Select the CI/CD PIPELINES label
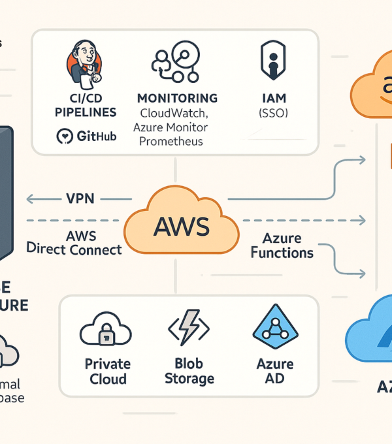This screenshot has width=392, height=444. [x=86, y=105]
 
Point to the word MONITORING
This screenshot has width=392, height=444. [x=177, y=99]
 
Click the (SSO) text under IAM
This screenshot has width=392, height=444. [x=272, y=113]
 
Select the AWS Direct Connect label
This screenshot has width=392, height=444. [x=74, y=242]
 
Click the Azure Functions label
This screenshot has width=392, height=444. [x=282, y=245]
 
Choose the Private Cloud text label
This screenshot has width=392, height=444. [x=108, y=370]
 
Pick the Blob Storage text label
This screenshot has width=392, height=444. [x=188, y=370]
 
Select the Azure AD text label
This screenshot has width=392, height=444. [x=275, y=370]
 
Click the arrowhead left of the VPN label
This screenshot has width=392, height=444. [x=30, y=199]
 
